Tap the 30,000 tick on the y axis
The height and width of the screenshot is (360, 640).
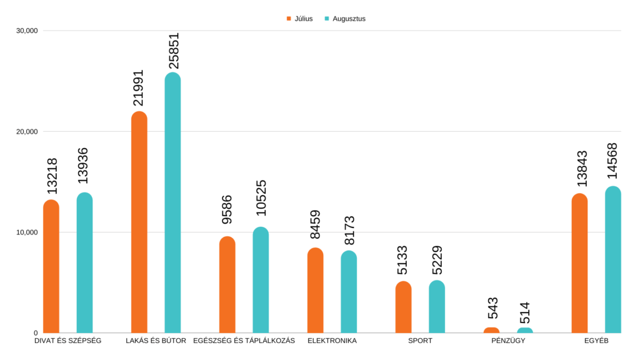(27, 31)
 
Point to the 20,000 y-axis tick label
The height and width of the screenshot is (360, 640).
(27, 131)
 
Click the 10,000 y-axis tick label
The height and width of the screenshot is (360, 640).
(27, 232)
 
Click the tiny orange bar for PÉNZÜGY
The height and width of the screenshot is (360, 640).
(492, 330)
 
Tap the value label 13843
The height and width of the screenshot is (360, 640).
(581, 168)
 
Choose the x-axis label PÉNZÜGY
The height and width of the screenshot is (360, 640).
(508, 341)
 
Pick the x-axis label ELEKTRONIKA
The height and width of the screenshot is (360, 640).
(332, 341)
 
